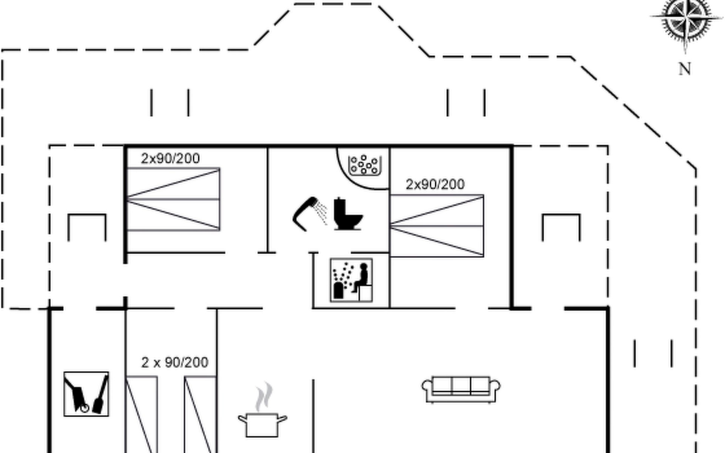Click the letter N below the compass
coord(685,69)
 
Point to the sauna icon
coord(351,280)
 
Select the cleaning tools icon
coord(86,394)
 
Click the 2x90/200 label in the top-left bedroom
coord(170,158)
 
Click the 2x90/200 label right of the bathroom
coord(435,184)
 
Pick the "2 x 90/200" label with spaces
coord(174,362)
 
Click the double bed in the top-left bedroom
coord(173,199)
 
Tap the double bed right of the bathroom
coord(437,226)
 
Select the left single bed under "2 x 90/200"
coord(141,414)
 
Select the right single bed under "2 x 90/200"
coord(200,414)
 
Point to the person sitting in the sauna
coord(361,278)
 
